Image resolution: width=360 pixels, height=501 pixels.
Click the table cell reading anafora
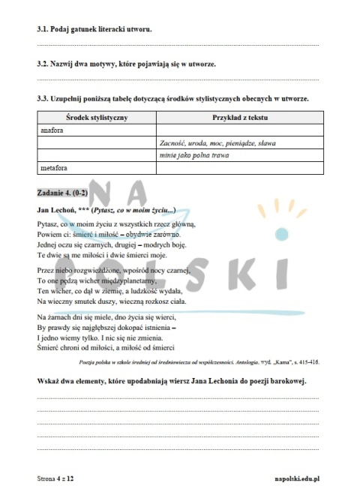point(53,130)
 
